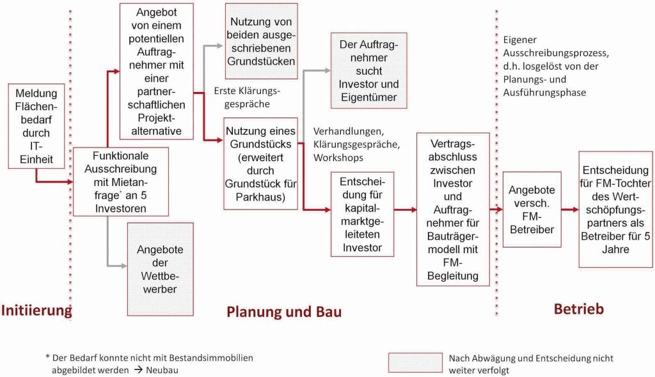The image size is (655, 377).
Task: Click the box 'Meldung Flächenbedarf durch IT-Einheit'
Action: (36, 125)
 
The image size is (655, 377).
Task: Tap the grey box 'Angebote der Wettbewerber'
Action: (160, 268)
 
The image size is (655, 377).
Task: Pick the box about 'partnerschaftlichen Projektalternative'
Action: (160, 71)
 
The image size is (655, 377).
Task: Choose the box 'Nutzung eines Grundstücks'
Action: (261, 163)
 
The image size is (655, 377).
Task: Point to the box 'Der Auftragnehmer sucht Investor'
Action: (368, 70)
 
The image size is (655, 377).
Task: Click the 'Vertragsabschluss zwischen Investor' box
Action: (453, 209)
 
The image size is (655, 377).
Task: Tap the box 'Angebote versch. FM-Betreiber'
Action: (532, 209)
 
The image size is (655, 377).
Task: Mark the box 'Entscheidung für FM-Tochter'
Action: (615, 209)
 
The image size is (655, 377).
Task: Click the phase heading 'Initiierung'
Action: (36, 311)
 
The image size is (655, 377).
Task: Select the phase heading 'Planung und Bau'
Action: (284, 312)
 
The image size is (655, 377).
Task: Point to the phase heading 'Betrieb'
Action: (578, 309)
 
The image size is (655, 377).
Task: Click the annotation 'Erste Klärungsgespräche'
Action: (242, 97)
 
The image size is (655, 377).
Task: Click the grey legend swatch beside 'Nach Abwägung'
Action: (415, 362)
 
